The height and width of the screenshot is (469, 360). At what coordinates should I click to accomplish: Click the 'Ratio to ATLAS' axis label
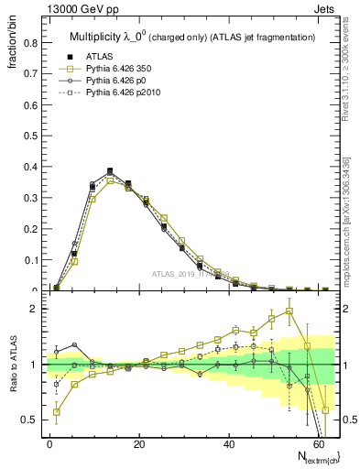[x=13, y=365]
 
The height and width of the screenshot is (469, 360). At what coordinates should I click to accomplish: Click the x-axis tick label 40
[x=226, y=443]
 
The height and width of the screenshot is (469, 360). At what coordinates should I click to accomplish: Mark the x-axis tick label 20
[x=137, y=443]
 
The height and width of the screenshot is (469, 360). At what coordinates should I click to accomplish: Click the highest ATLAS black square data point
[x=110, y=171]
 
